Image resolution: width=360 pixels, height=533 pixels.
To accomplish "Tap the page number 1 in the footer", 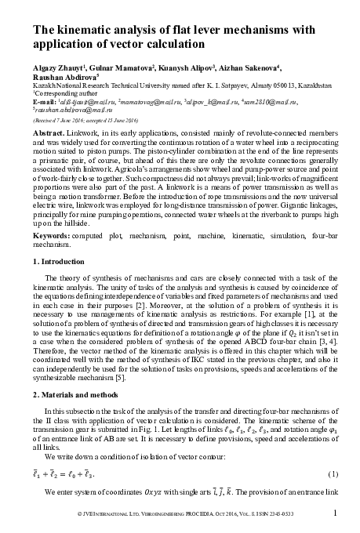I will click(x=335, y=513).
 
